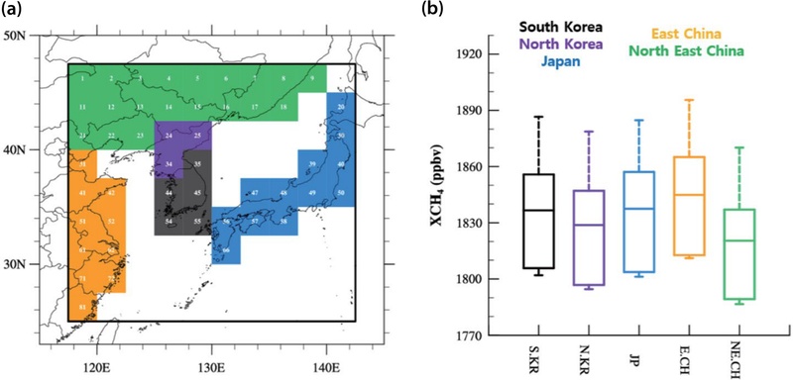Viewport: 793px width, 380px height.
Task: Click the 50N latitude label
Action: click(15, 37)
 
